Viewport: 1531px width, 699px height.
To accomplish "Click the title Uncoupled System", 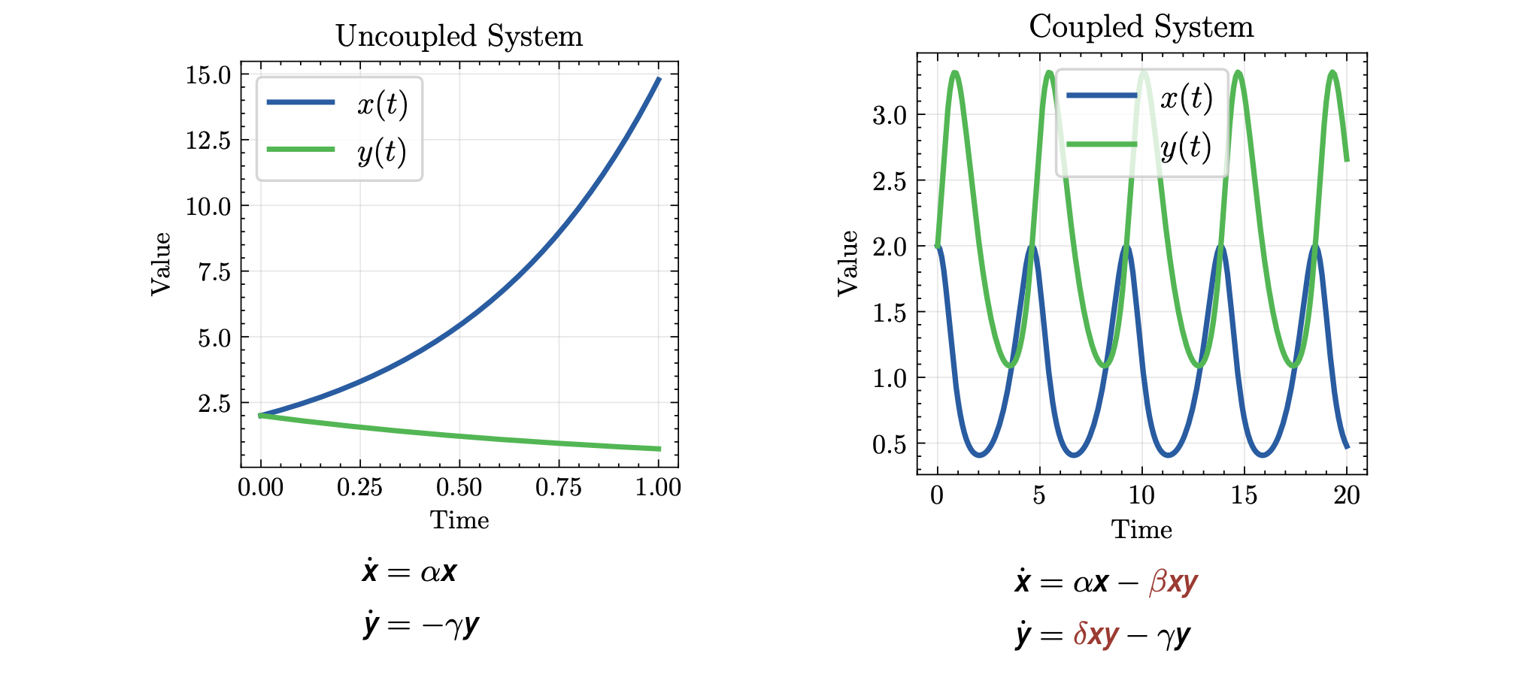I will coord(459,36).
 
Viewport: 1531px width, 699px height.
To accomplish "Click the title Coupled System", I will coord(1141,27).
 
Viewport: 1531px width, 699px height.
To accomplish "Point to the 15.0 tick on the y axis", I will coord(208,75).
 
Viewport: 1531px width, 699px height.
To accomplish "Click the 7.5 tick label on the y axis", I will coord(214,272).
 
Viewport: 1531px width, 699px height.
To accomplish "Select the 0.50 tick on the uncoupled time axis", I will coord(459,488).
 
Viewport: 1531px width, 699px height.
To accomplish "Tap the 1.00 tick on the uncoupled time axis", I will coord(658,488).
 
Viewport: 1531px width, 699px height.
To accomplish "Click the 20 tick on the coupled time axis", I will coord(1347,495).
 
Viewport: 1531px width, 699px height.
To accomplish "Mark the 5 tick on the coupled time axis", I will coord(1038,495).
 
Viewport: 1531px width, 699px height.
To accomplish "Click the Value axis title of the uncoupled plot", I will coord(161,264).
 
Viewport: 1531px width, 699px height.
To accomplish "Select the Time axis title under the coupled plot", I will coord(1141,530).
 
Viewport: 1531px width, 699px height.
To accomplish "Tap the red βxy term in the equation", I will coord(1173,583).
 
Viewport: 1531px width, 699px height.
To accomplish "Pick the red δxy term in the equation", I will coord(1096,636).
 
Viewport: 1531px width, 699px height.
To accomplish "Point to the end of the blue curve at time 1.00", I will coord(659,78).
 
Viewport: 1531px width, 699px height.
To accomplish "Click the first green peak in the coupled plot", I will coord(955,72).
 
